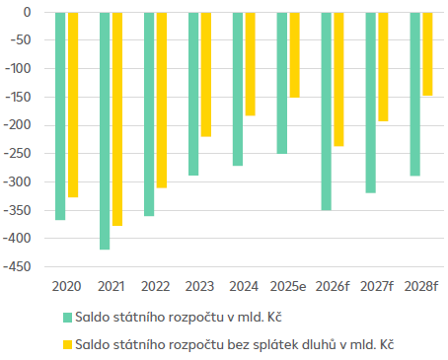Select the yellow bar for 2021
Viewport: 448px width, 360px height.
[x=117, y=118]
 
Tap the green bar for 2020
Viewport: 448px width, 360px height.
[x=60, y=115]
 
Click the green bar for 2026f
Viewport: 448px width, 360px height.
[x=326, y=110]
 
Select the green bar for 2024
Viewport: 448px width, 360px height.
[x=238, y=89]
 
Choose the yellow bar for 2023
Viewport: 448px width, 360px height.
[x=206, y=74]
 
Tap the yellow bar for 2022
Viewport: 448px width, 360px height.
[x=162, y=100]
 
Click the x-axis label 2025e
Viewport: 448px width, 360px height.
[x=288, y=285]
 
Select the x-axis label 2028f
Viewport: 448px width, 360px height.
[x=421, y=285]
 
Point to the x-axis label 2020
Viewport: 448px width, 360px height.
[x=66, y=285]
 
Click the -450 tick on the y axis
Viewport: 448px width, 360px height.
[x=19, y=266]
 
